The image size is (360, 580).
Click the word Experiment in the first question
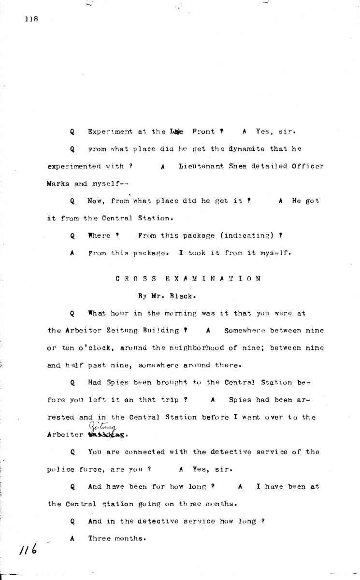(x=111, y=131)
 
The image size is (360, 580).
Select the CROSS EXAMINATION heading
(x=188, y=278)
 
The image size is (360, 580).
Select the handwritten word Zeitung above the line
(x=99, y=423)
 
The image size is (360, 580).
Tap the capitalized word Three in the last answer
(x=100, y=539)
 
